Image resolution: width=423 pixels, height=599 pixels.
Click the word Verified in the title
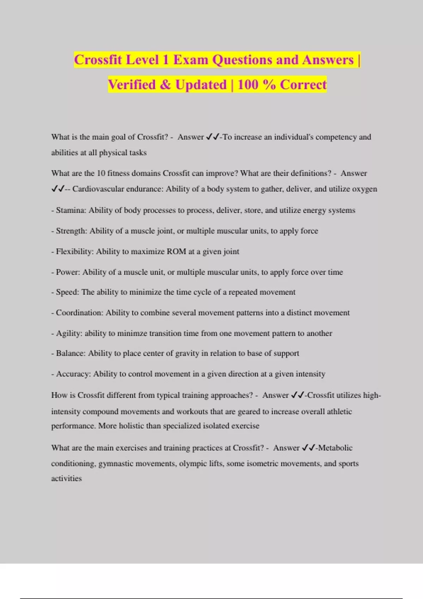click(x=131, y=85)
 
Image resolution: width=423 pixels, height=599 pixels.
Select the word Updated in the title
click(x=201, y=85)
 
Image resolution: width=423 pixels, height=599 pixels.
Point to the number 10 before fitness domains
click(x=101, y=173)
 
